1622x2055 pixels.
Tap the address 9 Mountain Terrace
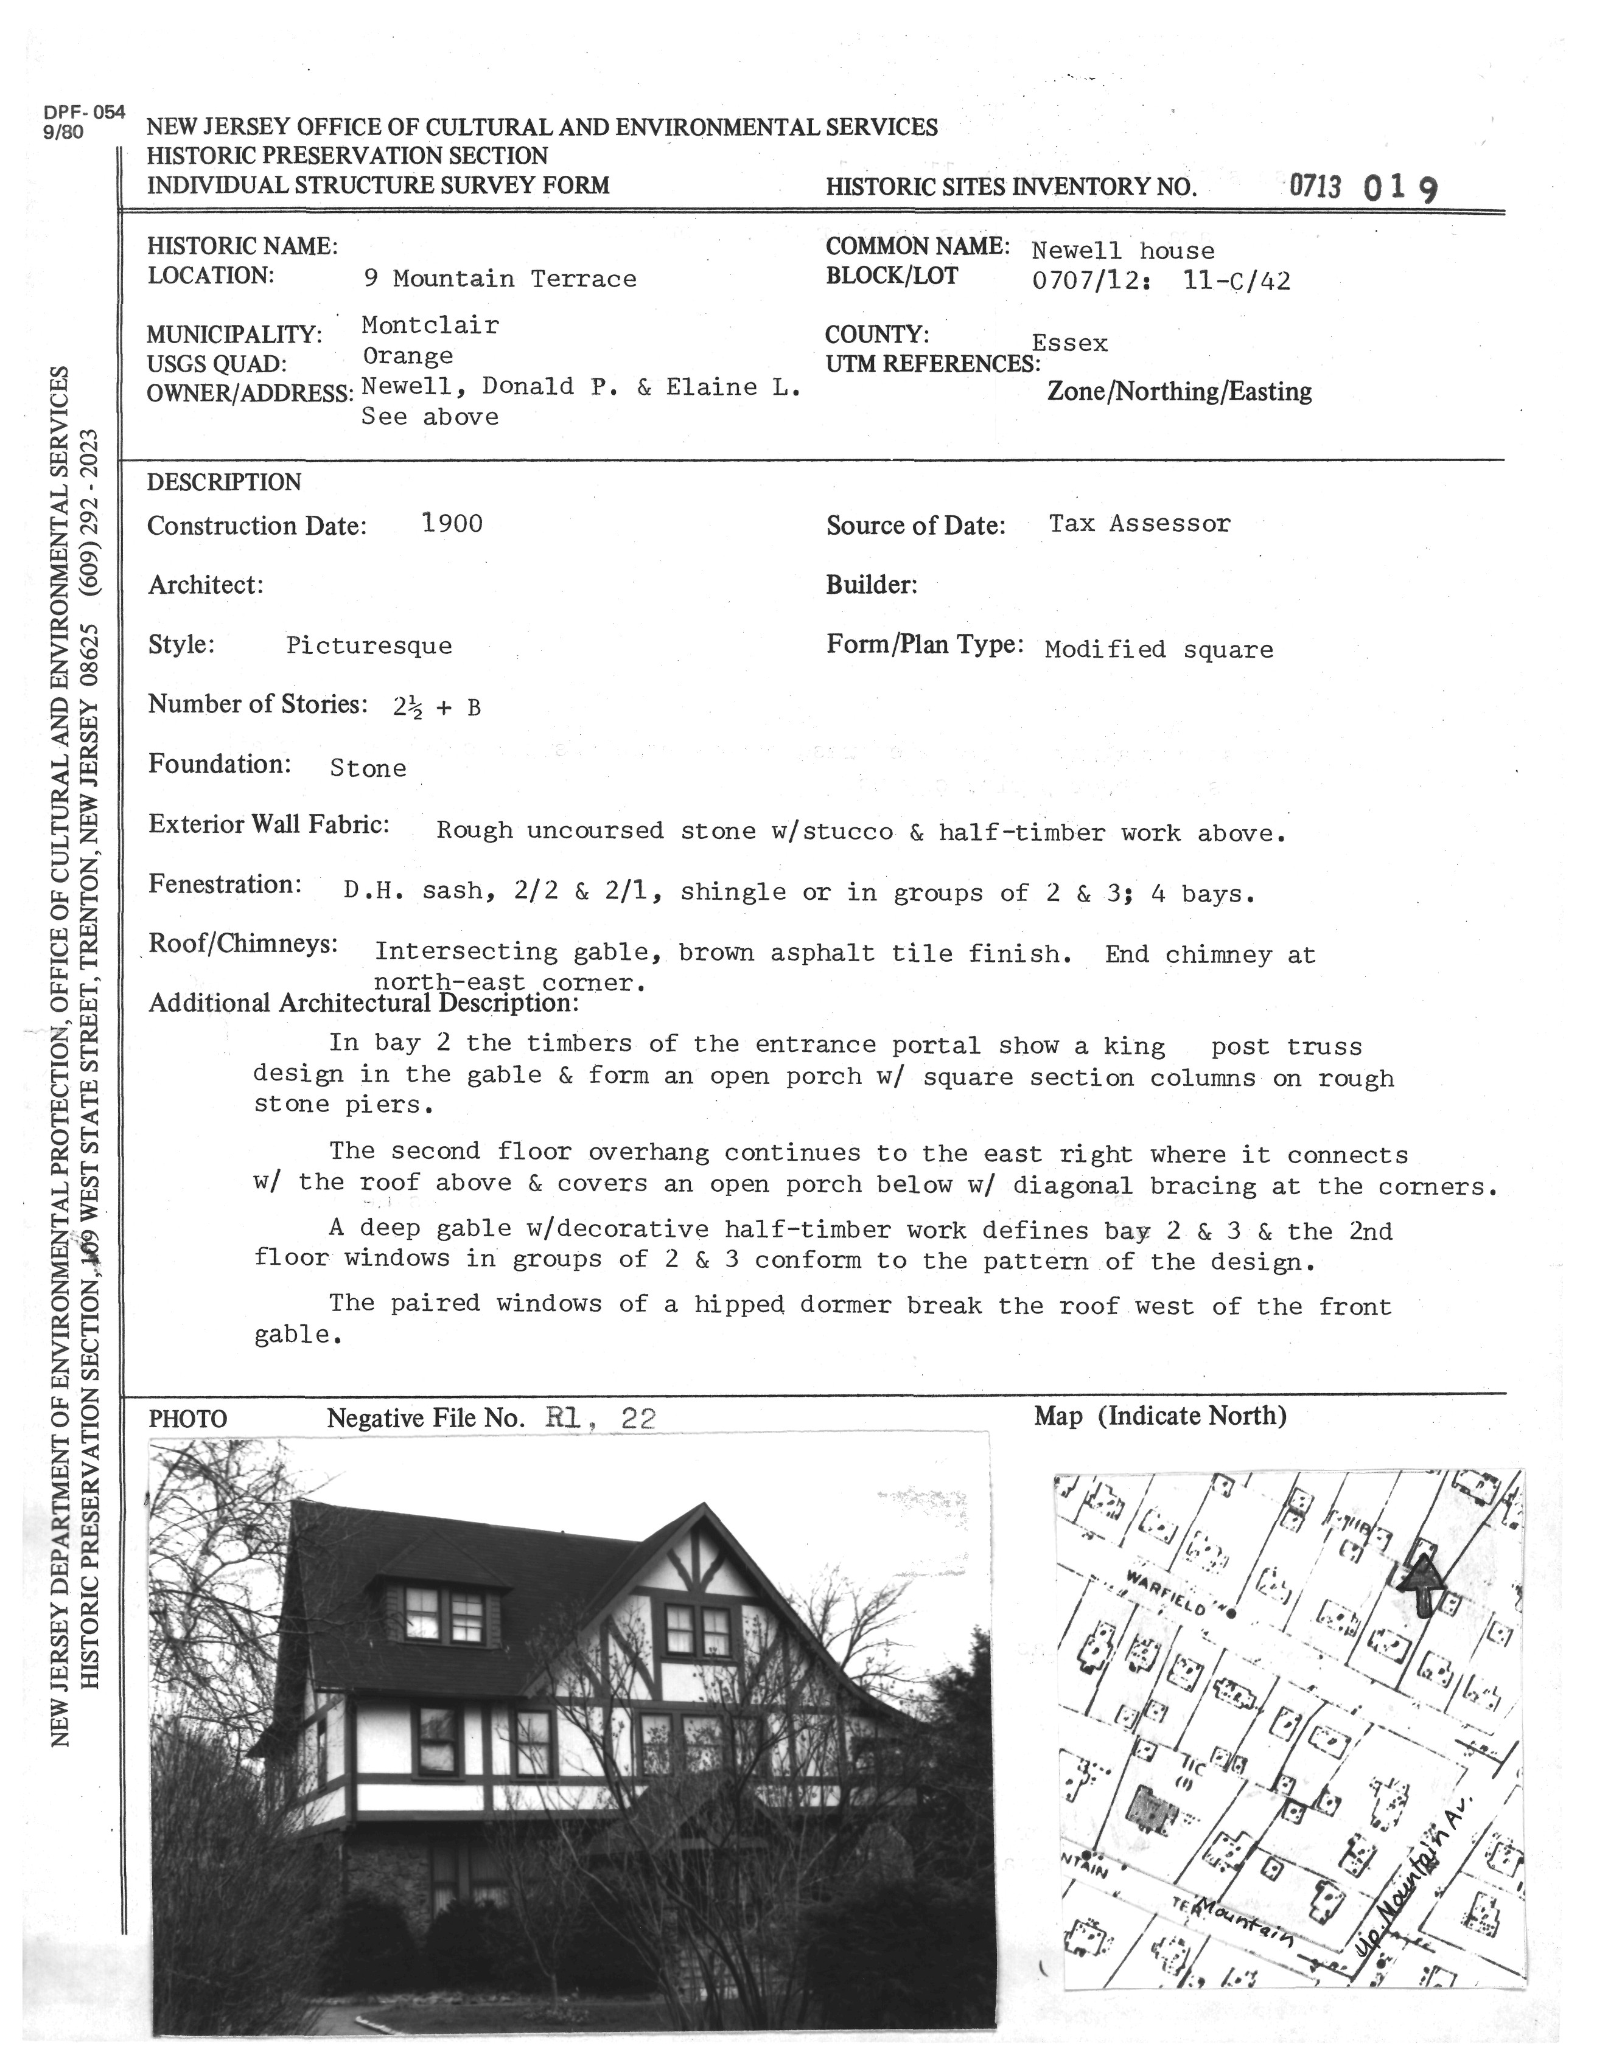tap(500, 279)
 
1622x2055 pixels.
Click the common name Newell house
tap(1122, 251)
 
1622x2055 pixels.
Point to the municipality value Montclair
tap(430, 325)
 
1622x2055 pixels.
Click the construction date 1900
tap(452, 524)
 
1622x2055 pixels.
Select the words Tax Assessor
tap(1139, 524)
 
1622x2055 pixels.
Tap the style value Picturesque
tap(369, 647)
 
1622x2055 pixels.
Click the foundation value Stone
tap(368, 769)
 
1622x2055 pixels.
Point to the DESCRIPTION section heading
tap(224, 482)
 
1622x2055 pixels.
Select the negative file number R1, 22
tap(600, 1418)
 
